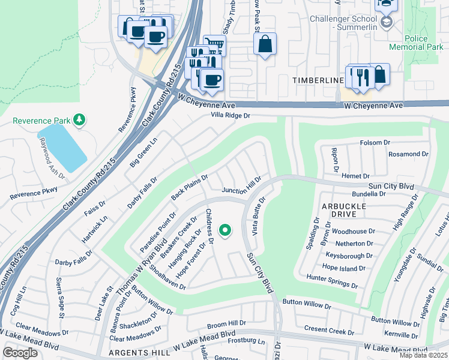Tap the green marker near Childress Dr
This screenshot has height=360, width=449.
[x=225, y=230]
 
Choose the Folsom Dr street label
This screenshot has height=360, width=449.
[x=375, y=143]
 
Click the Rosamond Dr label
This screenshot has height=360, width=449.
[x=408, y=154]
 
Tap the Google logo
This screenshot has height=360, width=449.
[x=20, y=353]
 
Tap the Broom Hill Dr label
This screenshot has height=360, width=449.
[x=226, y=323]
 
